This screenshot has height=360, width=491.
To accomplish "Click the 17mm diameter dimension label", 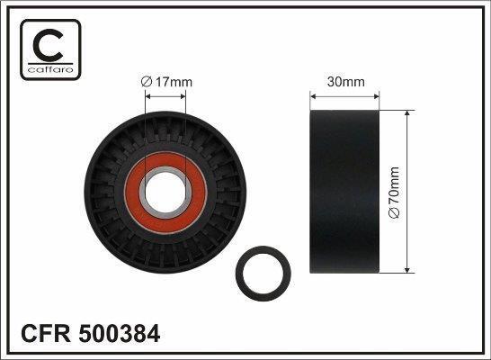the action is click(166, 82).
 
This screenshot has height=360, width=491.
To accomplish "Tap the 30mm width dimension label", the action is click(345, 82).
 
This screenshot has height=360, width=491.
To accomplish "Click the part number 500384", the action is click(120, 333).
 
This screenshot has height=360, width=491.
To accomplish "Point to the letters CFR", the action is click(46, 333).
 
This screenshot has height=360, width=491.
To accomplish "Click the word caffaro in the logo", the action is click(50, 69).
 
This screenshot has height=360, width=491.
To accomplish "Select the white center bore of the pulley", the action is click(165, 192).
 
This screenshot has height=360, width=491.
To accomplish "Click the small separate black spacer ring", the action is click(239, 274).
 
